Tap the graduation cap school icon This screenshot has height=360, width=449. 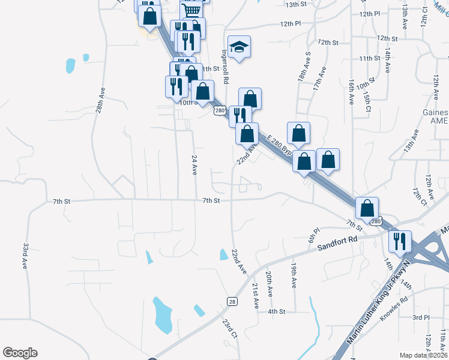point(240,48)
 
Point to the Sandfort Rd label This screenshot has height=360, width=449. point(337,243)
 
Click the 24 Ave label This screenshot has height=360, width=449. point(194,164)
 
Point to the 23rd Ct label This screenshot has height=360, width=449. point(229,329)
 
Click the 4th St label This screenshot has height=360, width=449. point(276,311)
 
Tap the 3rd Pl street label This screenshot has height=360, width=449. point(421,317)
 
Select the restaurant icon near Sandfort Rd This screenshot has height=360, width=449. point(400,241)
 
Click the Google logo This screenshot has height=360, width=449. point(20,353)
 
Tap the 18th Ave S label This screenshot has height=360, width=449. point(304,66)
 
